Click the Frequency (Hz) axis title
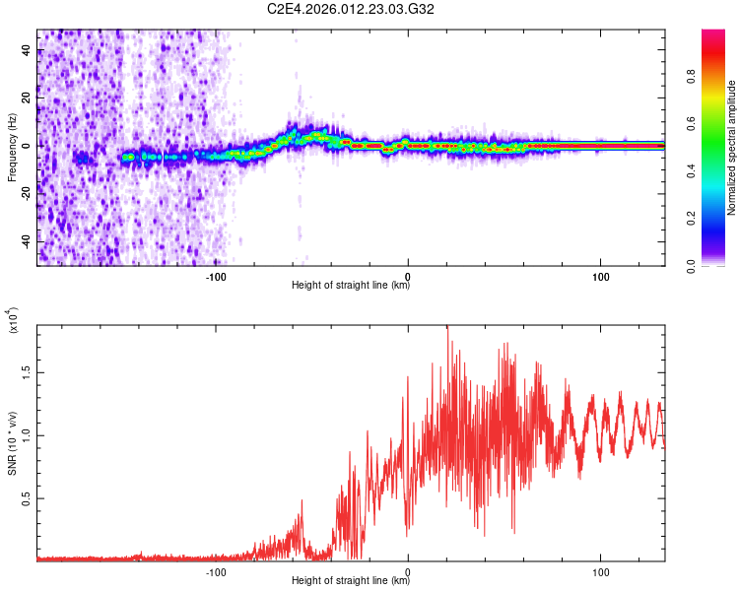point(12,147)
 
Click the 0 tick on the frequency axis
point(26,146)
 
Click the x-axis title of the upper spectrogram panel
point(351,286)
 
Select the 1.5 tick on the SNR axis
point(26,372)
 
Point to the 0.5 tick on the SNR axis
point(26,498)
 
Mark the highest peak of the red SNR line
point(447,327)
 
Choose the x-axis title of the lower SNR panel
point(351,580)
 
